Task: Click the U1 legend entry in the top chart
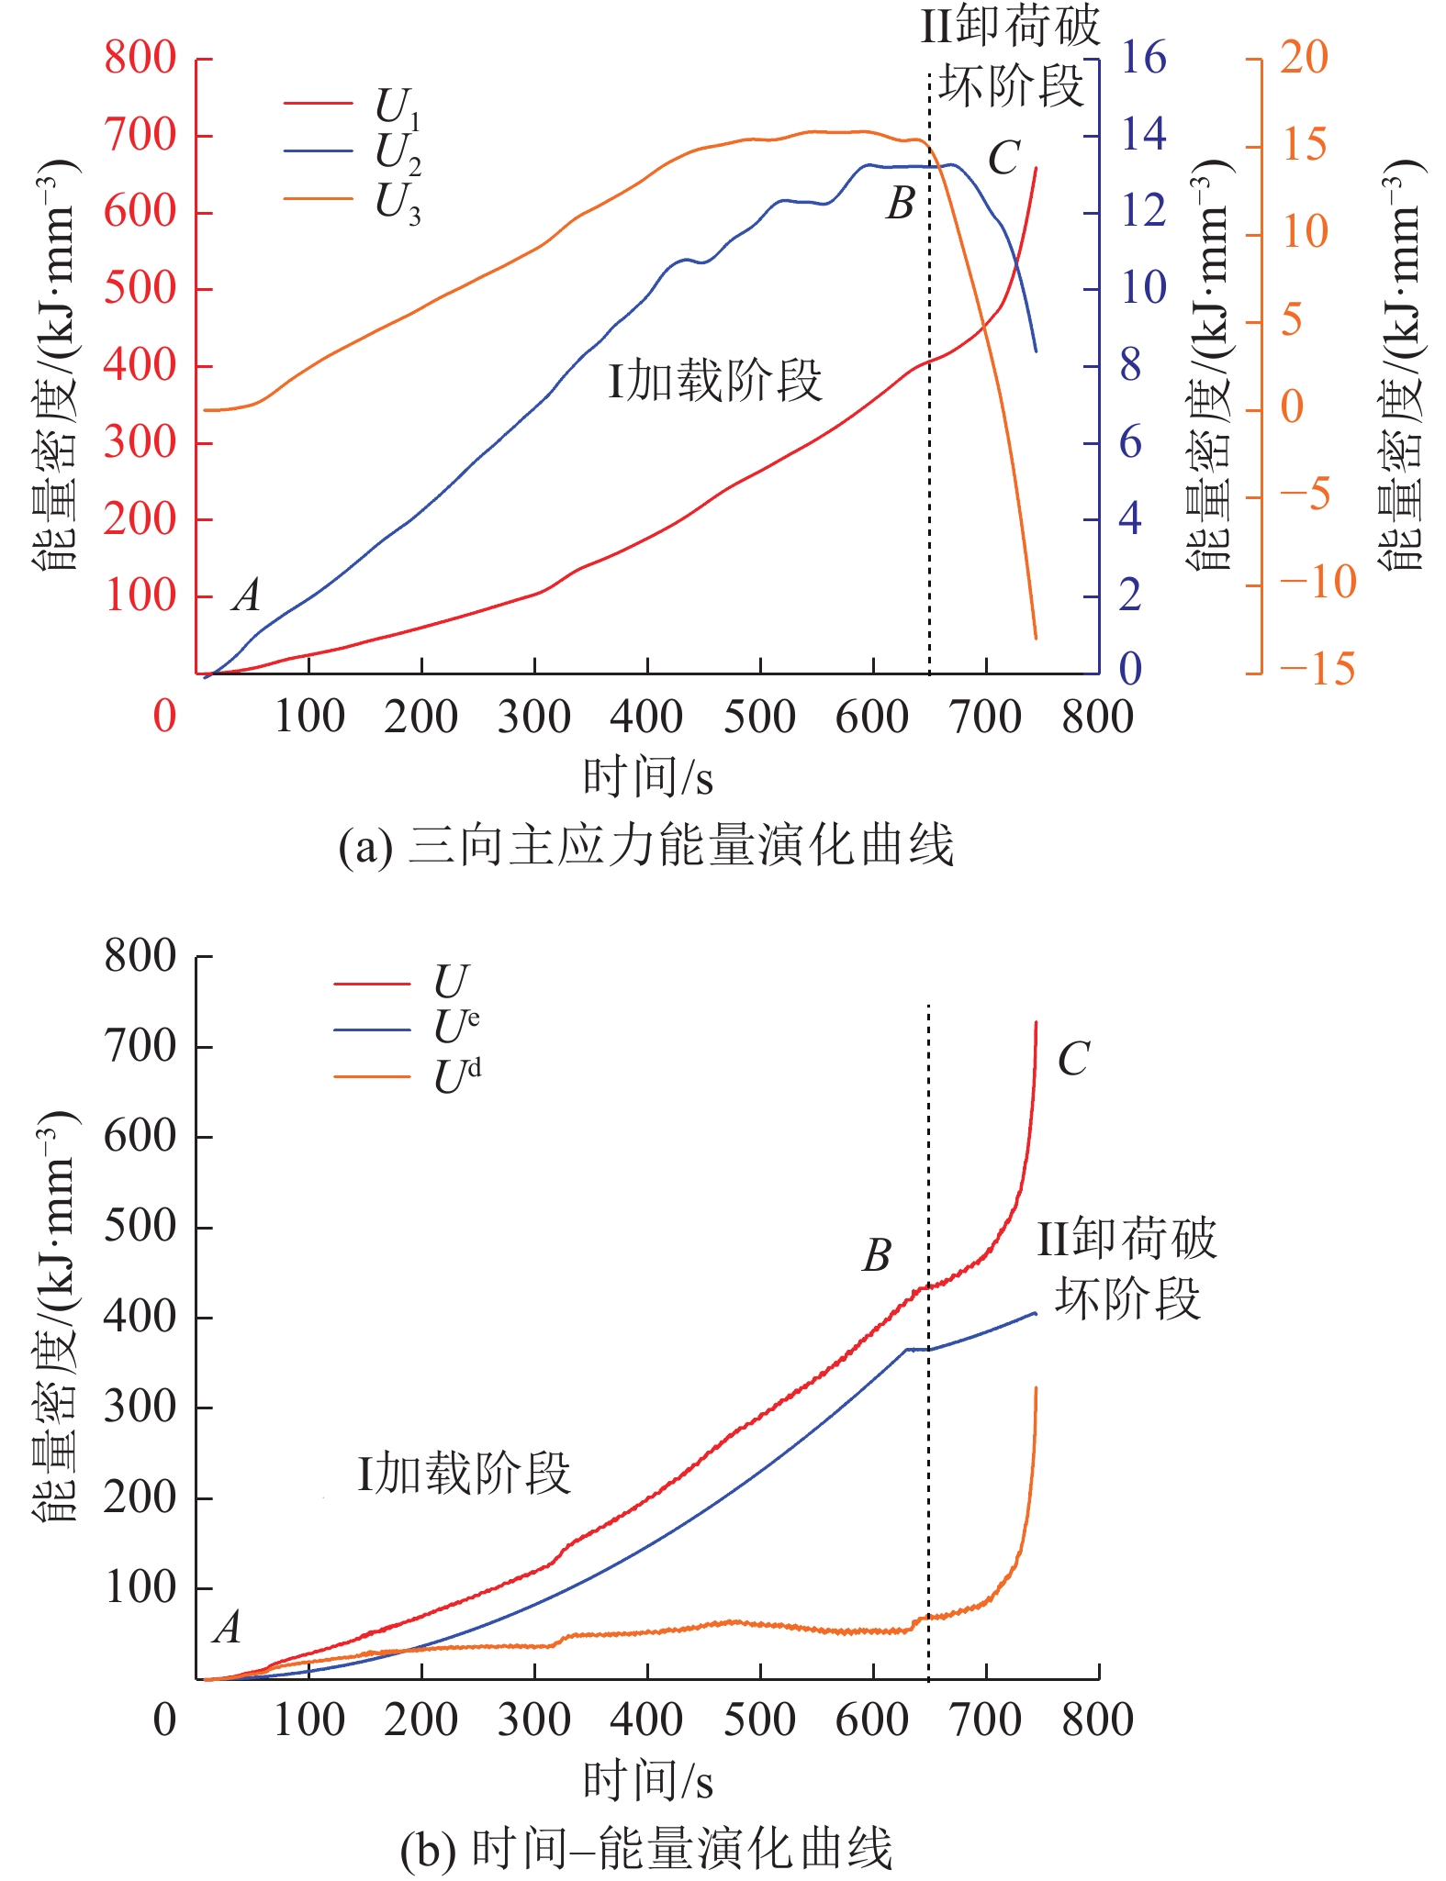(397, 106)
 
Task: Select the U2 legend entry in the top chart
(397, 152)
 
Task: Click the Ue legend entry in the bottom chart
(455, 1027)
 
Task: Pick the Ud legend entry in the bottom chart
(456, 1076)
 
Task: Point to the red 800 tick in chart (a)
(140, 58)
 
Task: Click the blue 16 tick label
(1143, 58)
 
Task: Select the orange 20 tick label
(1304, 58)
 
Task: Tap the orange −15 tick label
(1317, 669)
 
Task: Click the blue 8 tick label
(1130, 365)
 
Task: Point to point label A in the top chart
(246, 595)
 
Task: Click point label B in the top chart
(900, 204)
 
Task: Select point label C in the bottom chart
(1072, 1059)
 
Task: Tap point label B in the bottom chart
(877, 1255)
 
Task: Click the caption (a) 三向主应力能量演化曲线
(645, 845)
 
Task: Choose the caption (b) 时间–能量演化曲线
(645, 1847)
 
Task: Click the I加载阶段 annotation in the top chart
(714, 381)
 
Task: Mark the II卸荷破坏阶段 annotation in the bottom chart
(1127, 1268)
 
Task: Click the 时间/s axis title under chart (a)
(647, 778)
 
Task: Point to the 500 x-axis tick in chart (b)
(759, 1720)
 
